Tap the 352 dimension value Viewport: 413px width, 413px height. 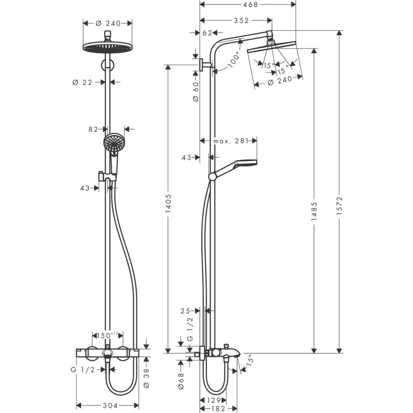[241, 21]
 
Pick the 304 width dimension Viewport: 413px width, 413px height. [110, 406]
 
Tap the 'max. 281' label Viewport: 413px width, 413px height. [231, 141]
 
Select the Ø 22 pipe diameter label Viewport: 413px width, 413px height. [83, 83]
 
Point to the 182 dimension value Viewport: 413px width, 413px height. [218, 408]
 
